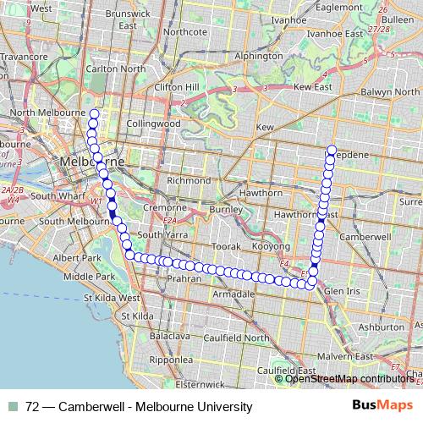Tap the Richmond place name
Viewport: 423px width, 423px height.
[x=190, y=180]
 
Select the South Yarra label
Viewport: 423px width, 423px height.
[x=161, y=234]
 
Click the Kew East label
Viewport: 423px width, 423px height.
[x=312, y=86]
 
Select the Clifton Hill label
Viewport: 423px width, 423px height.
[x=176, y=86]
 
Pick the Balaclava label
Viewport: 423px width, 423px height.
[x=170, y=336]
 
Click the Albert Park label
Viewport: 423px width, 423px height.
[x=76, y=256]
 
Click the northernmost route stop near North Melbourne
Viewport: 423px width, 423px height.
[x=94, y=113]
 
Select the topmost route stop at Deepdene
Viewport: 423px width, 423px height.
[x=332, y=150]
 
